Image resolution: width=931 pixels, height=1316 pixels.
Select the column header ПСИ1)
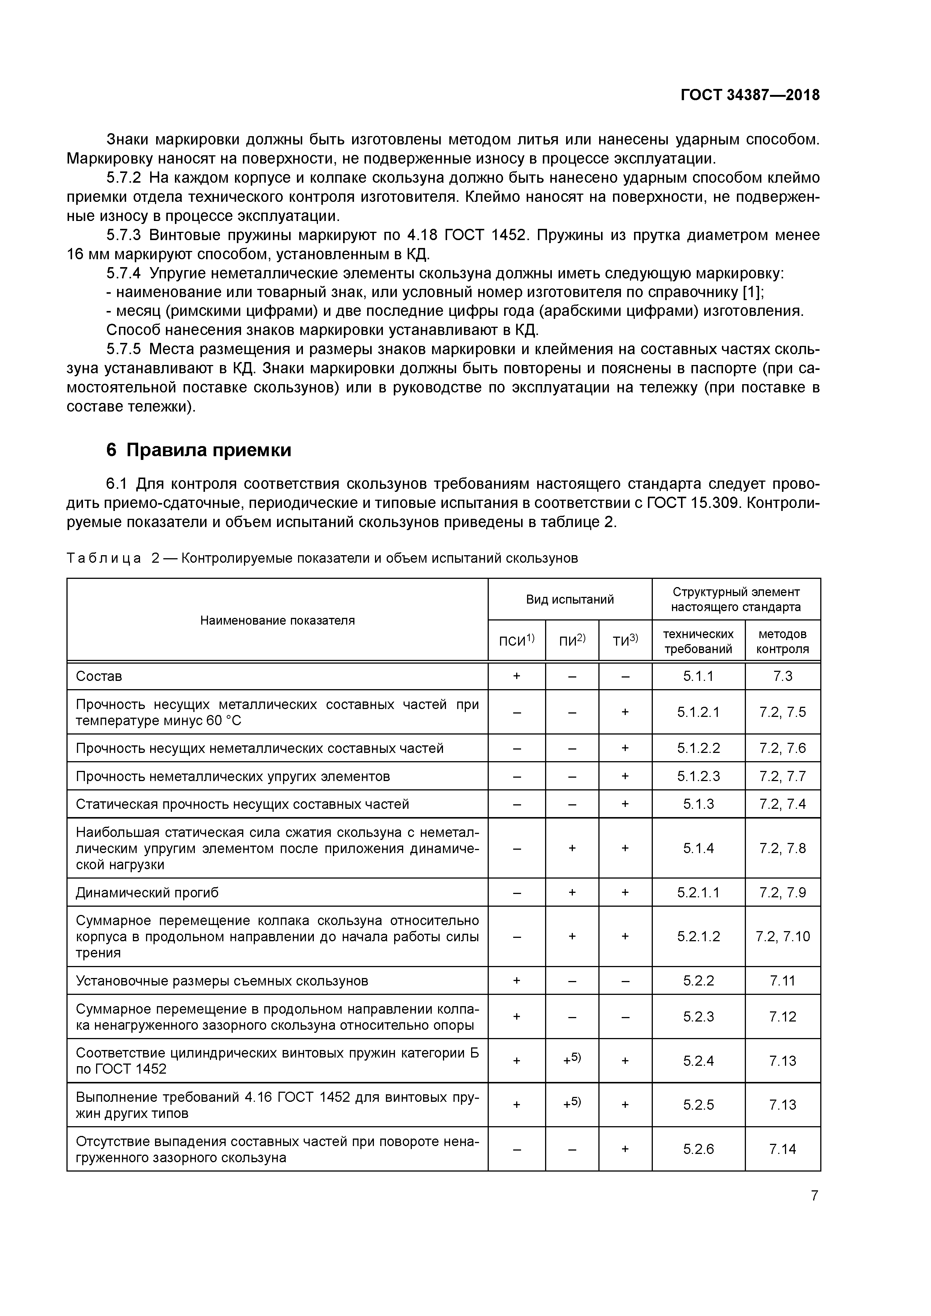(x=516, y=641)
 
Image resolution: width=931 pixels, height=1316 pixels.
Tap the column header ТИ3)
(x=625, y=641)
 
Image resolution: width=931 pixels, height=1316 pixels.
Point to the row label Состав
(x=99, y=676)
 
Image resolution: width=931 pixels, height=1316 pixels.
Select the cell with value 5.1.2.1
(x=698, y=712)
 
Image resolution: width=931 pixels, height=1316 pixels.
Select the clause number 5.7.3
(x=124, y=235)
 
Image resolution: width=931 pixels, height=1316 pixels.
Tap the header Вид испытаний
(x=569, y=599)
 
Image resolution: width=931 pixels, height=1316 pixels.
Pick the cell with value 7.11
(x=782, y=981)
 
